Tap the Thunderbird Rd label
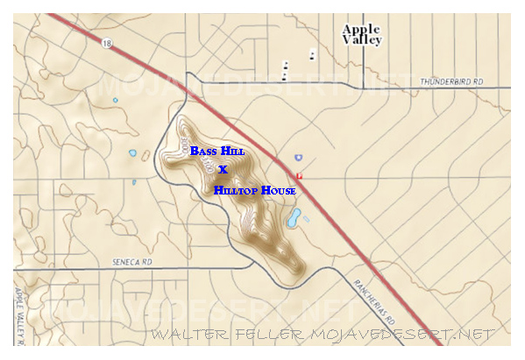point(452,81)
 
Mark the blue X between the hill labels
point(223,169)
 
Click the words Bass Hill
point(217,151)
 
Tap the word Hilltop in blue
point(231,189)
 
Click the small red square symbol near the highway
point(299,176)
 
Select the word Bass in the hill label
point(202,151)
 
